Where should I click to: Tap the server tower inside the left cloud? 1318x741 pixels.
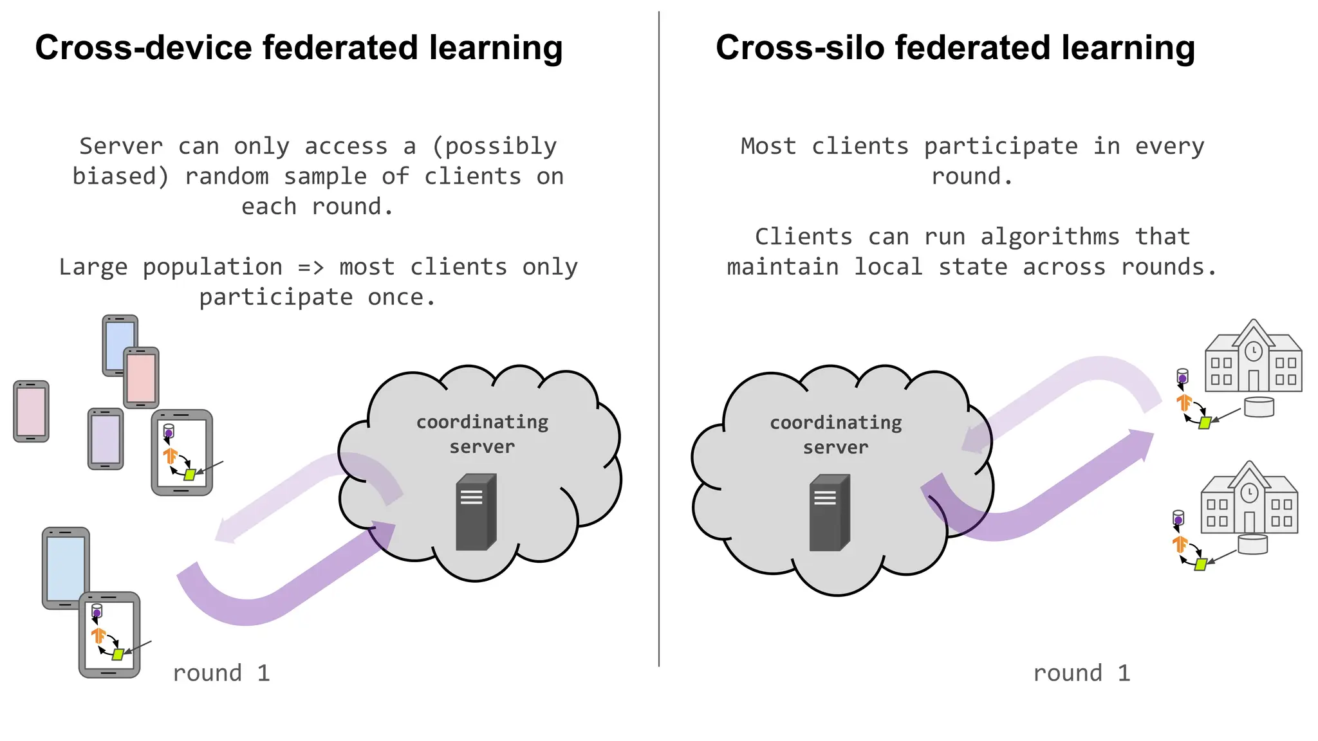476,512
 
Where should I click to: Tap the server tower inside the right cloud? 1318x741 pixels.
829,513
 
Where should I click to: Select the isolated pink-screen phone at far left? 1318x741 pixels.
31,412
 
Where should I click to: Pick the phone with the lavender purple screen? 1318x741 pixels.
105,439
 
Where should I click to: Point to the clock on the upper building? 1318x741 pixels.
1253,351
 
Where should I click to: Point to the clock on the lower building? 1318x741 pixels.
1249,493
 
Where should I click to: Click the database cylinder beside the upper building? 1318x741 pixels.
1259,407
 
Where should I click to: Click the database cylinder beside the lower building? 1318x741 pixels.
1252,544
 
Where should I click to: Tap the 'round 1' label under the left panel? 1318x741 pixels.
221,673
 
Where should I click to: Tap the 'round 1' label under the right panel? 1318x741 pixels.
1081,673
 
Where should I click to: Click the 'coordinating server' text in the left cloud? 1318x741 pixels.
482,434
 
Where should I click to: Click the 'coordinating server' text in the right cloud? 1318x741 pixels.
835,435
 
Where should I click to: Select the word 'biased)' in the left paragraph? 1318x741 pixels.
120,176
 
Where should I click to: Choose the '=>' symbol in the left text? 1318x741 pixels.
311,267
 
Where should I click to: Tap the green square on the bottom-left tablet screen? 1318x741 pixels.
118,655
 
